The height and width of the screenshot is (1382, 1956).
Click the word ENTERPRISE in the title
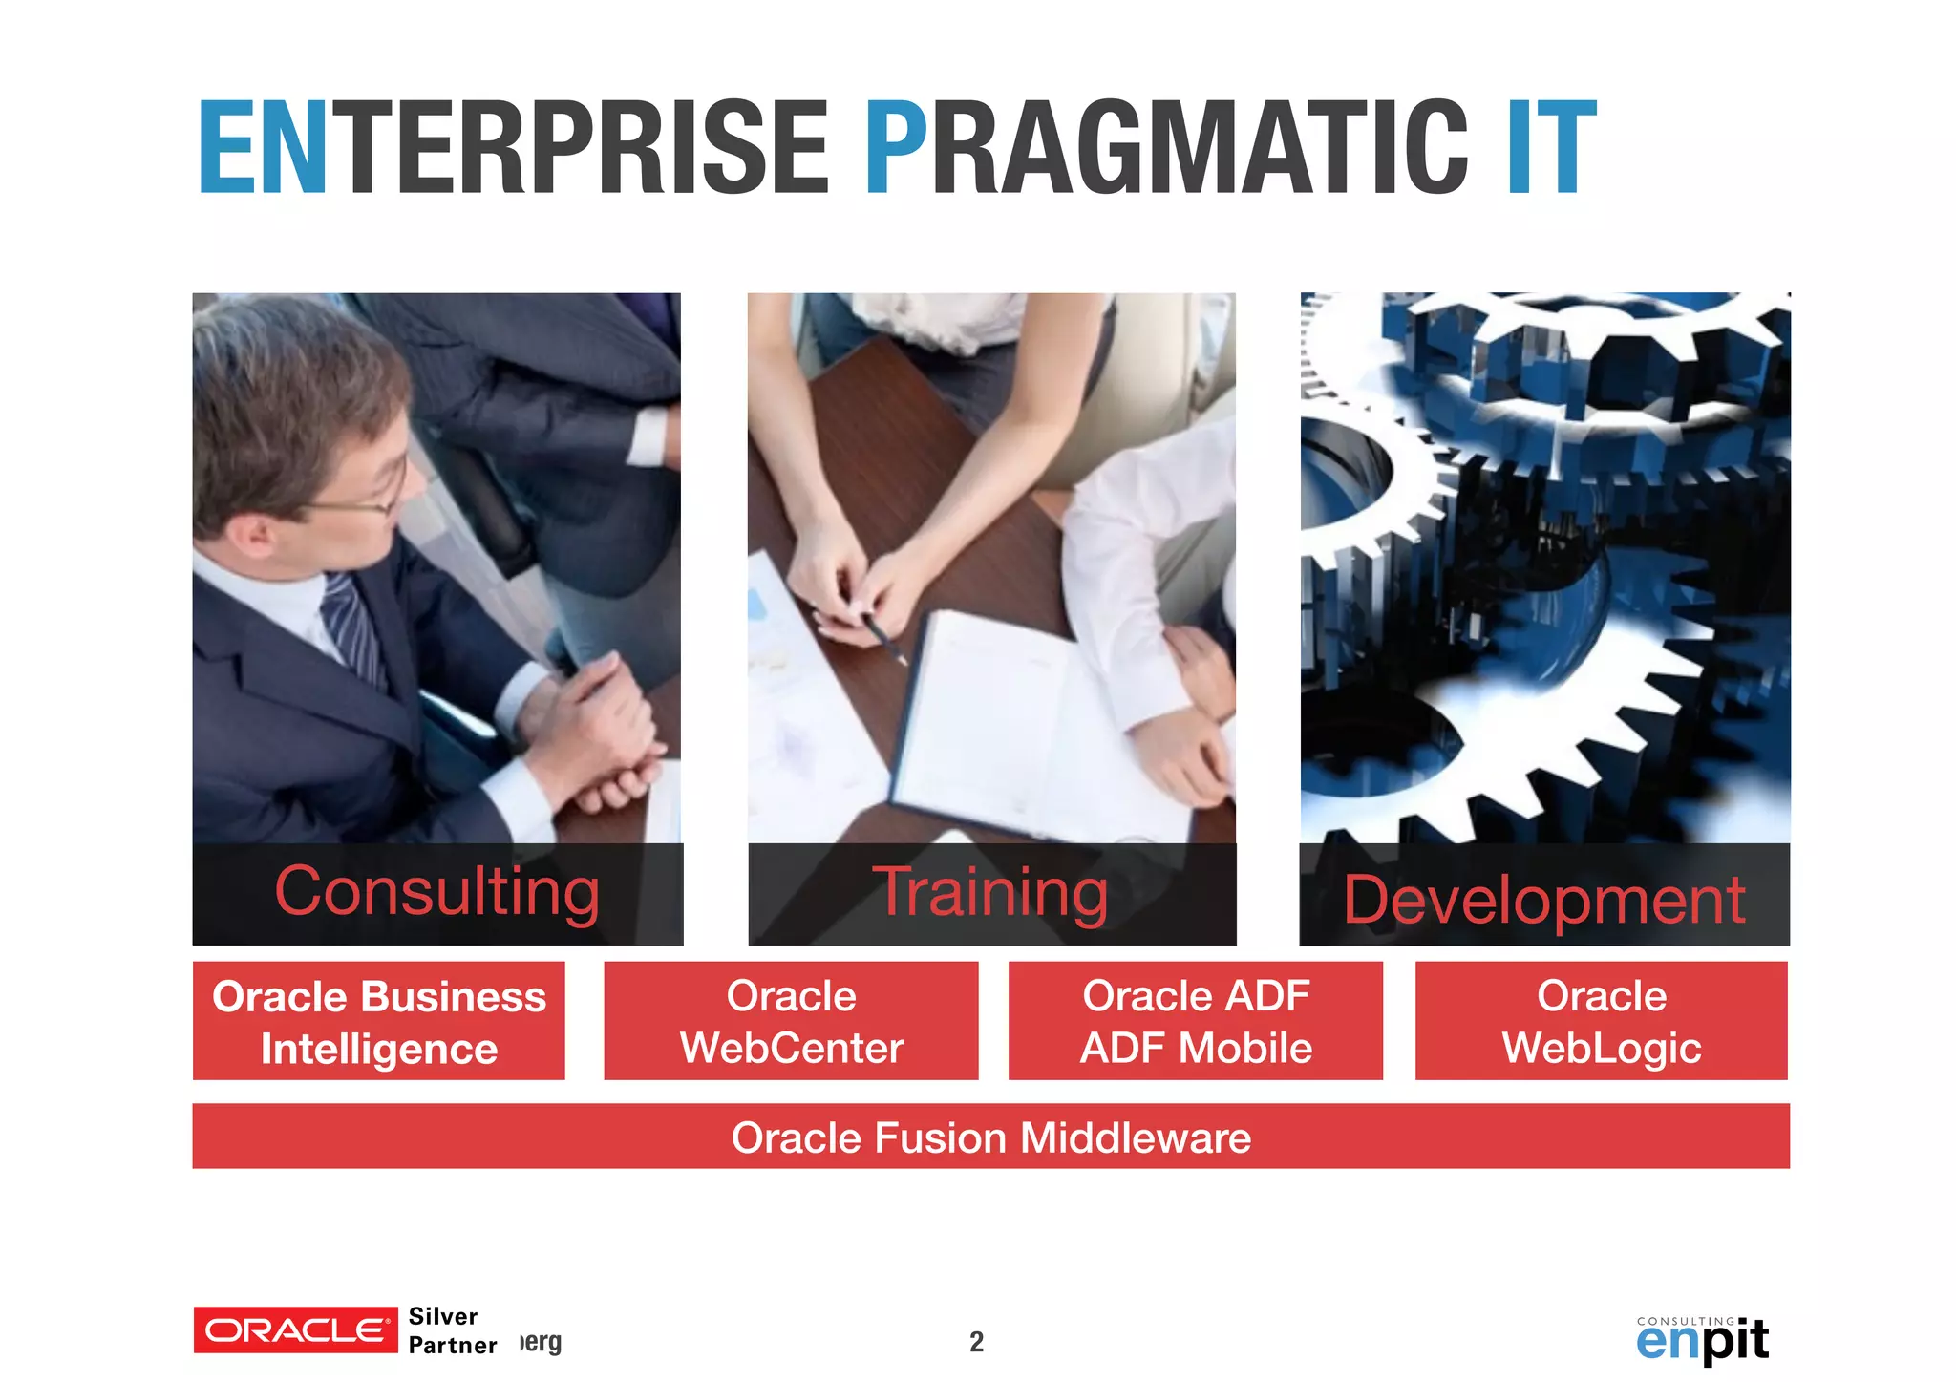[513, 148]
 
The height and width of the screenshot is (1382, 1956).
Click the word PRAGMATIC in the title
[1165, 148]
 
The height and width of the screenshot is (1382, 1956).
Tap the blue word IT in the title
[1551, 148]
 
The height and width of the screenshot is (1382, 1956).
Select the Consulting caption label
[437, 892]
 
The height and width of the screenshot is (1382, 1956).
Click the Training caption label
[990, 892]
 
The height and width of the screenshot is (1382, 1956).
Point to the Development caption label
[1544, 900]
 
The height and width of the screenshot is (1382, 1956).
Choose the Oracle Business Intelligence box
[378, 1021]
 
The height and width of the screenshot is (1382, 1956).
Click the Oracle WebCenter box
[791, 1021]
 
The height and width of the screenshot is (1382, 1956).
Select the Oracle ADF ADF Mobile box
[1195, 1021]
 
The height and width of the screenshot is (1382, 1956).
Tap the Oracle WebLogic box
[1601, 1021]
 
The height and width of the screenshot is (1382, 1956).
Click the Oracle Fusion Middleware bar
[990, 1137]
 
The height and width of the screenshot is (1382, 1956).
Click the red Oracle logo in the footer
[295, 1329]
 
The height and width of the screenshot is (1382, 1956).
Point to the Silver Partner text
[451, 1330]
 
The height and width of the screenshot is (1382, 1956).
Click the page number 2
[976, 1342]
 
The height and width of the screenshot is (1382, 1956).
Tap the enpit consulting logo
[1702, 1339]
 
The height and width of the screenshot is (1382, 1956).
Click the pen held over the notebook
[885, 641]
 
